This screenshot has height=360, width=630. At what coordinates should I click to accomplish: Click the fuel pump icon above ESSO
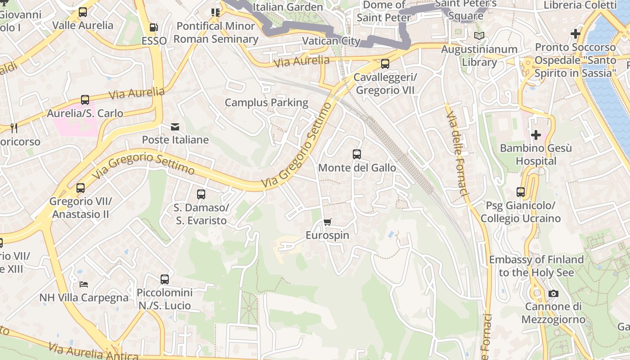coord(153,27)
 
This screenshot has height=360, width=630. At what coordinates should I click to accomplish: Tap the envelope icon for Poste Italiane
coord(175,127)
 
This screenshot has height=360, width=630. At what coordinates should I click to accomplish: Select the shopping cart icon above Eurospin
coord(328,222)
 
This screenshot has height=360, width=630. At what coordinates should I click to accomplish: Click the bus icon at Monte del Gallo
coord(357,154)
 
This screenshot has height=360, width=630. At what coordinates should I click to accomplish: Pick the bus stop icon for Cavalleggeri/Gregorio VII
coord(385,64)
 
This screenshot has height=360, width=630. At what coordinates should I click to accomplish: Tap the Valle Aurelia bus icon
coord(83,12)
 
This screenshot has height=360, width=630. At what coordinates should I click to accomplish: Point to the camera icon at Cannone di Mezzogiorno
coord(553,294)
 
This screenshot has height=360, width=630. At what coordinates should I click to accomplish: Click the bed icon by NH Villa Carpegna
coord(84,284)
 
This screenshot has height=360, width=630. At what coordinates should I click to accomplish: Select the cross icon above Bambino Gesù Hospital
coord(535,135)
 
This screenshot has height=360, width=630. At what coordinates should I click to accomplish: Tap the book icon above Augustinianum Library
coord(480,36)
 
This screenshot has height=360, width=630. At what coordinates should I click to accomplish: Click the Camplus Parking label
coord(266,103)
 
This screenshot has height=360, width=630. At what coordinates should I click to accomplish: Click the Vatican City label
coord(331,41)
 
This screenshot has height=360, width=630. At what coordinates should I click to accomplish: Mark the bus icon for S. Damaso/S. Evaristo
coord(201,194)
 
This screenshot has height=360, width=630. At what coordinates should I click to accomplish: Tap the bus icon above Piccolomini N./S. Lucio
coord(165,279)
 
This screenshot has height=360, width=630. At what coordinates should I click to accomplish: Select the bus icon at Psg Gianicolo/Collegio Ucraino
coord(521,192)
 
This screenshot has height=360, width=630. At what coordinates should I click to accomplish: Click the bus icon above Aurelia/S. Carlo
coord(85,100)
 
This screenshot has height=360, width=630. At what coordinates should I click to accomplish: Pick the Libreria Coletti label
coord(580,5)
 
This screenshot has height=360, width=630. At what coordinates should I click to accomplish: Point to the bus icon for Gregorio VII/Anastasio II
coord(81,188)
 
